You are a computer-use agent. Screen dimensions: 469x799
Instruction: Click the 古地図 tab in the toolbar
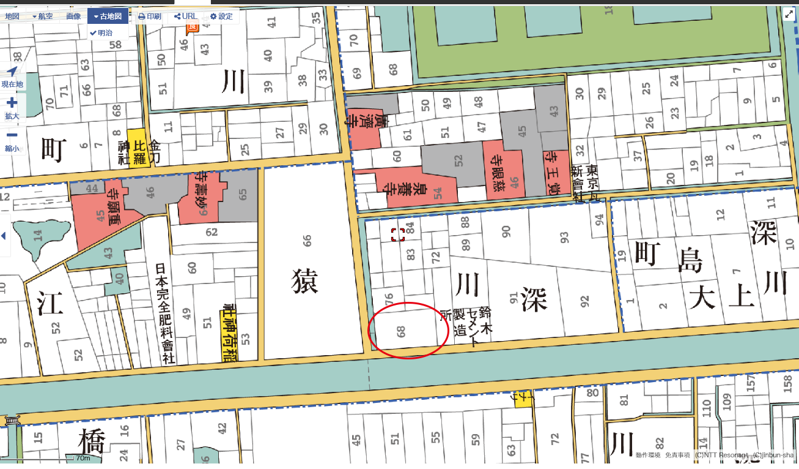click(x=108, y=17)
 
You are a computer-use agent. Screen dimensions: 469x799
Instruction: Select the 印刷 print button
click(x=150, y=17)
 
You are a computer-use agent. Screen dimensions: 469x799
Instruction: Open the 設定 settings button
click(x=221, y=17)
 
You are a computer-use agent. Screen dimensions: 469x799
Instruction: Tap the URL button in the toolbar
click(x=186, y=17)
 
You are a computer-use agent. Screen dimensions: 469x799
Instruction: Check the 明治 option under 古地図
click(x=101, y=32)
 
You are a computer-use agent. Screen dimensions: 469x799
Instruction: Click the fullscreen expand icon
click(x=789, y=15)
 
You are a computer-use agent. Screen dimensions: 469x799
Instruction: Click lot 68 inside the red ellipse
click(x=402, y=332)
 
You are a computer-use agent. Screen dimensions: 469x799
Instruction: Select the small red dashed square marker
click(x=397, y=234)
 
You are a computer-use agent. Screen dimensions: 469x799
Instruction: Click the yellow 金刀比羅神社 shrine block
click(x=136, y=147)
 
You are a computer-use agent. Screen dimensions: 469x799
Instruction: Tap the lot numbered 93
click(x=564, y=235)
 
